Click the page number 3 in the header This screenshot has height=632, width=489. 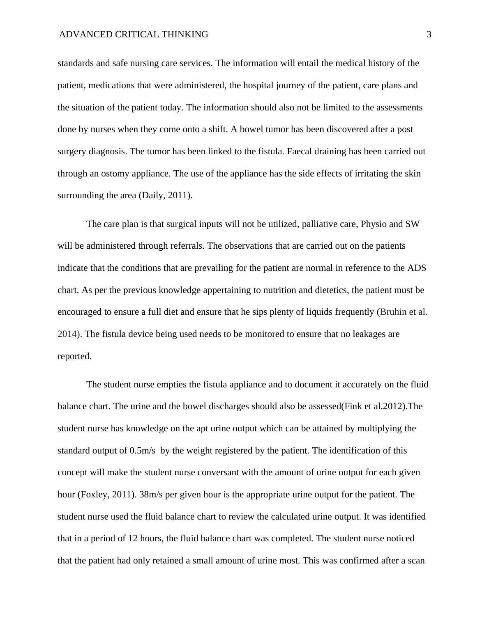pos(429,35)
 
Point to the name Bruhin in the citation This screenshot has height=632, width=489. pos(393,312)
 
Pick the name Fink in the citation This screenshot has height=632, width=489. pos(352,406)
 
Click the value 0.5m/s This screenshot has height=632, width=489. pos(142,451)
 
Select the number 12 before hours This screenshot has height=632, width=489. pos(133,538)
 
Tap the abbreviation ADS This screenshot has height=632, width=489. pos(417,268)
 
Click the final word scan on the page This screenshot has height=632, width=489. pos(416,561)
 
